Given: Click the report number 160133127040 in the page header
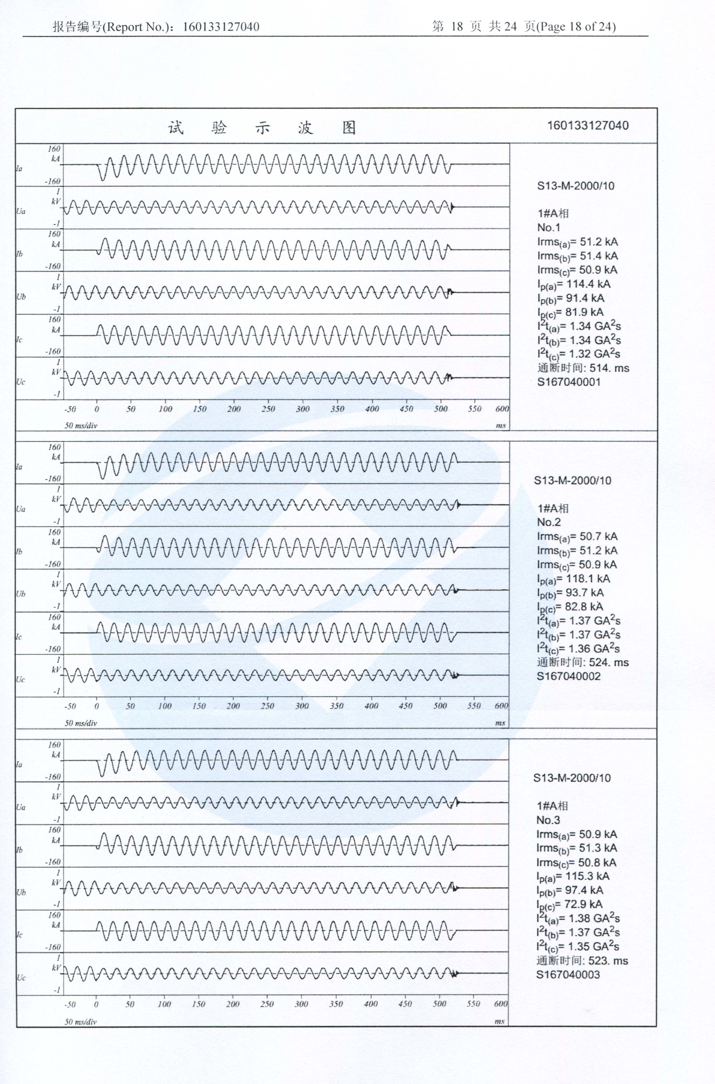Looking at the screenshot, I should coord(221,27).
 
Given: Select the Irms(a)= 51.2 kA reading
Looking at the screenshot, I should coord(577,242).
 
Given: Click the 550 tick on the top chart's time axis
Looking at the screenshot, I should coord(474,409).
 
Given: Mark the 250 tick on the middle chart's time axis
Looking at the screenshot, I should coord(267,706).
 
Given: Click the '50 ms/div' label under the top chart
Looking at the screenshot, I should coord(81,426).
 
